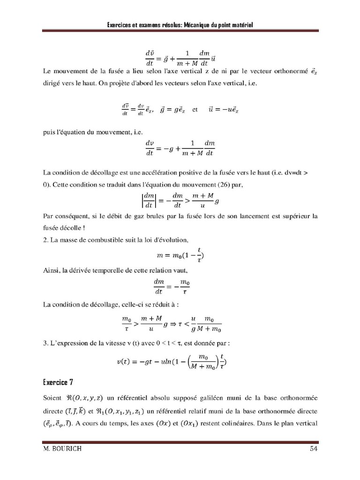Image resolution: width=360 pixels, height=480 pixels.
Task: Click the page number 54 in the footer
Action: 314,449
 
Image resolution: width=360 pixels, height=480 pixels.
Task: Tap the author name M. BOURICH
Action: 62,449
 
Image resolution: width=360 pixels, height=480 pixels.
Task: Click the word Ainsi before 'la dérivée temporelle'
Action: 51,270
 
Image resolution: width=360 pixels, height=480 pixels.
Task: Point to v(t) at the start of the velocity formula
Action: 136,362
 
